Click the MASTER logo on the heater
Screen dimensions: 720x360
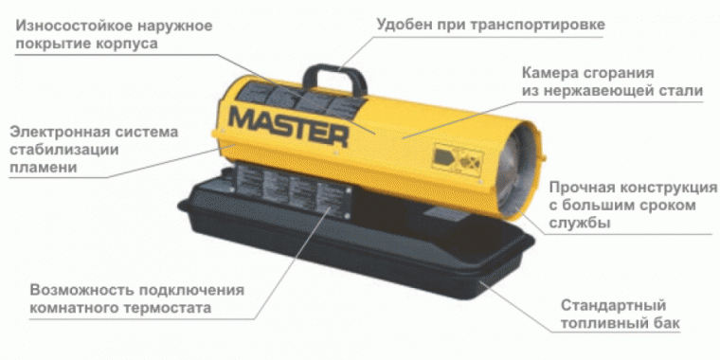(289, 126)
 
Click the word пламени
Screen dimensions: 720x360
(44, 168)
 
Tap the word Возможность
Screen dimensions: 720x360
(81, 290)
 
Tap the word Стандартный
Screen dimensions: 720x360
(614, 305)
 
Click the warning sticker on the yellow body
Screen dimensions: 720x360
(457, 158)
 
